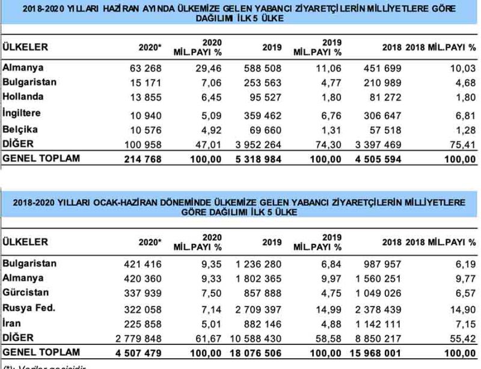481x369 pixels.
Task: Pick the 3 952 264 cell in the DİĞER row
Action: click(x=257, y=143)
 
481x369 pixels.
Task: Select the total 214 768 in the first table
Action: click(x=142, y=158)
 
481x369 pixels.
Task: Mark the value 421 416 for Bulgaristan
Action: click(x=142, y=264)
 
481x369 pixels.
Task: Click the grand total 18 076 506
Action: click(x=255, y=352)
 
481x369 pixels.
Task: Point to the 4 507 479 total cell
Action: click(x=139, y=352)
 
